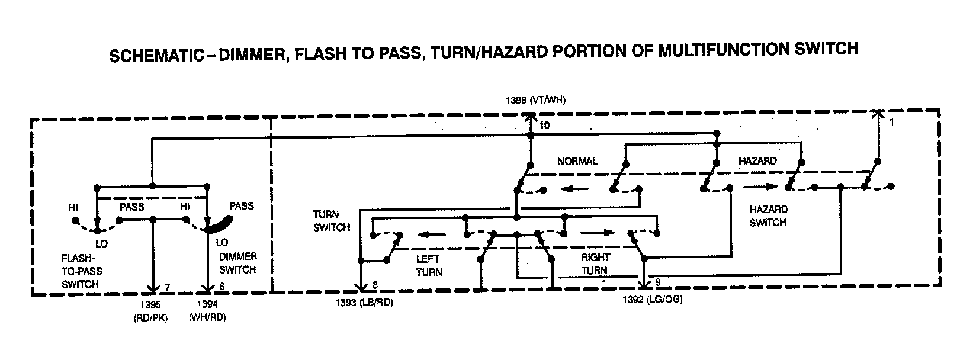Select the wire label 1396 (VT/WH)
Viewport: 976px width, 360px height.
[535, 101]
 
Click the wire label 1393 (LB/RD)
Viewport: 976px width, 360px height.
[364, 303]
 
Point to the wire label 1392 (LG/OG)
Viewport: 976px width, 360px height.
[652, 300]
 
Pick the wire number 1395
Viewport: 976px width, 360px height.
[151, 305]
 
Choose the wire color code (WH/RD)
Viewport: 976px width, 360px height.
[207, 317]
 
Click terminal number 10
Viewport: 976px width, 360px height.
[544, 126]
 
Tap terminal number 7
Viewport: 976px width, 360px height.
[168, 288]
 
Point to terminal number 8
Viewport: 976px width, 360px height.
[374, 285]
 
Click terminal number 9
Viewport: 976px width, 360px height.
[657, 281]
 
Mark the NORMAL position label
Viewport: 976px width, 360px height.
[577, 161]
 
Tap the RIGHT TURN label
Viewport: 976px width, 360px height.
[595, 264]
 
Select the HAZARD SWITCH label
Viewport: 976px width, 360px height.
[768, 216]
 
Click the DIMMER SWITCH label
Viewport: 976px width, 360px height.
[238, 263]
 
